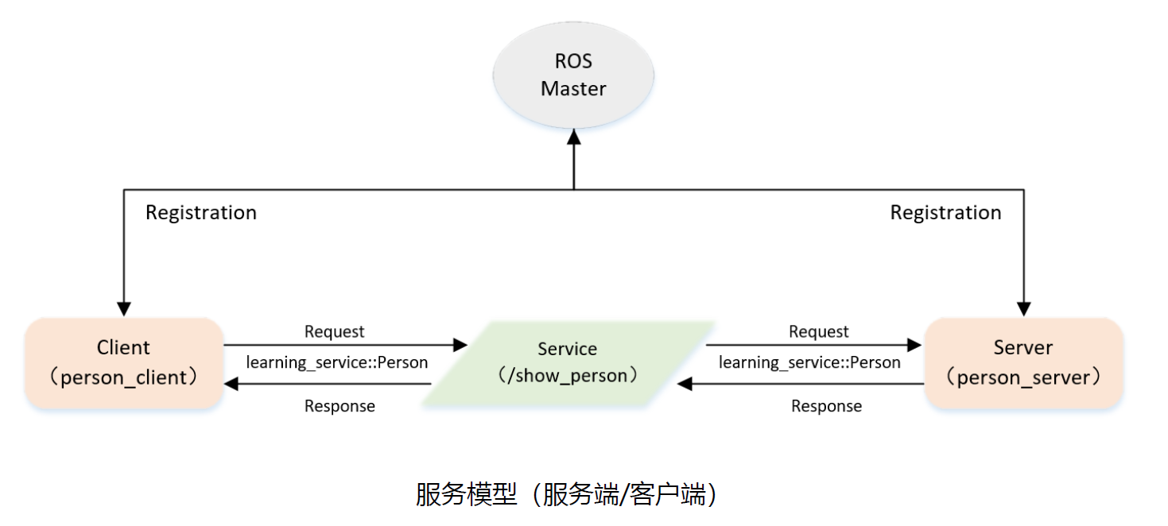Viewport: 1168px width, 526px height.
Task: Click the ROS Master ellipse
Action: click(573, 75)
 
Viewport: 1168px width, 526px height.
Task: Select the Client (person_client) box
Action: click(123, 363)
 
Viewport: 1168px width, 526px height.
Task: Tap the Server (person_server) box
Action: click(1023, 363)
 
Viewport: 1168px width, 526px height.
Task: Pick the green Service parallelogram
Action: click(567, 363)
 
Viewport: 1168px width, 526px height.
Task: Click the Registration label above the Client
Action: click(201, 213)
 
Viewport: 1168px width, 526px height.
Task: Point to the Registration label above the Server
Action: click(945, 213)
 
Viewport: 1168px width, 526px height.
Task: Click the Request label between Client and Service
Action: click(334, 331)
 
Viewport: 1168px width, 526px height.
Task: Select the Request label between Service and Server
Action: click(818, 331)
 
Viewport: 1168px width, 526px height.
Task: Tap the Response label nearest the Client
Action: click(340, 406)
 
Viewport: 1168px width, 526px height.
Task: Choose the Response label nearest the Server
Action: click(826, 406)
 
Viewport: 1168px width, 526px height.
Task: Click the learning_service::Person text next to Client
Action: click(337, 363)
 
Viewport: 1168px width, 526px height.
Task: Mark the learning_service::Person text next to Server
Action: click(809, 363)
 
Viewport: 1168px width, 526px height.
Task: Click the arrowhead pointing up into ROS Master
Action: click(573, 137)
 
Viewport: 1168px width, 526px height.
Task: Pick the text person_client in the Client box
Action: click(128, 377)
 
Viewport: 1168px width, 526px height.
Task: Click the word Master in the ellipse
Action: click(573, 89)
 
